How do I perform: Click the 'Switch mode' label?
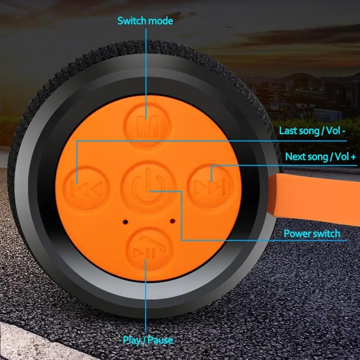pos(145,21)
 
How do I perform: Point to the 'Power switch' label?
pos(312,234)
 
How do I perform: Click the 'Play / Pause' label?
pos(148,340)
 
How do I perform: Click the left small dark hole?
pos(124,221)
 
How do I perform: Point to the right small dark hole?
pos(172,221)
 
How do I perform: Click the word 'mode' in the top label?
pos(161,21)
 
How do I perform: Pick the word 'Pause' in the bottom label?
pos(161,340)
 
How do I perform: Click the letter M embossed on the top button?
pos(148,125)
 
